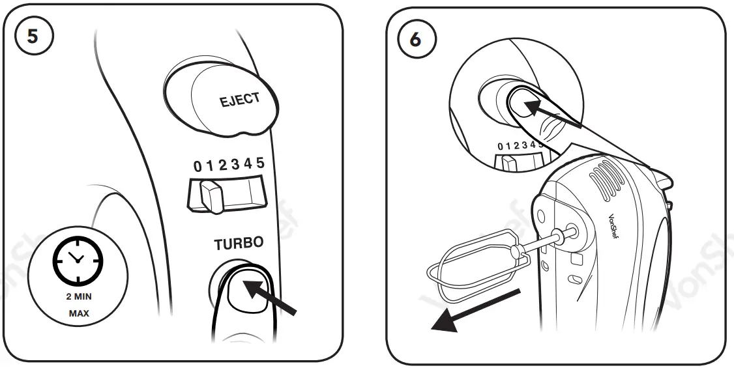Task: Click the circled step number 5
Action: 33,36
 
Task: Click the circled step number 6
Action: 415,39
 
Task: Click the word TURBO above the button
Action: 239,244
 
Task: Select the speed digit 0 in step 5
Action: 198,167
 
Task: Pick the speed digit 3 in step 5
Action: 235,165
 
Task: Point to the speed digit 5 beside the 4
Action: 260,163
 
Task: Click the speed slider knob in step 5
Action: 211,195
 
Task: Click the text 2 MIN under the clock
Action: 78,296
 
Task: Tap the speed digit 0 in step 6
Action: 500,147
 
